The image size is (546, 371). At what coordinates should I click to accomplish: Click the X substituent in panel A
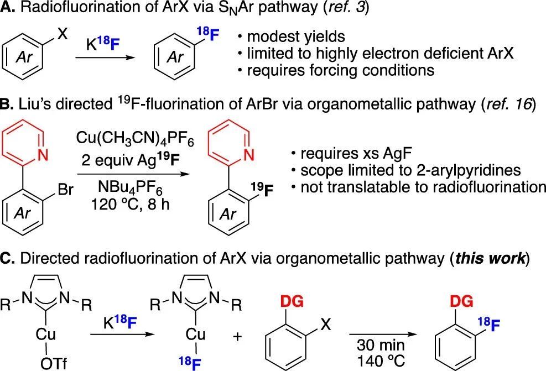click(63, 34)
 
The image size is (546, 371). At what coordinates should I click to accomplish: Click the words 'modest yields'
click(296, 37)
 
